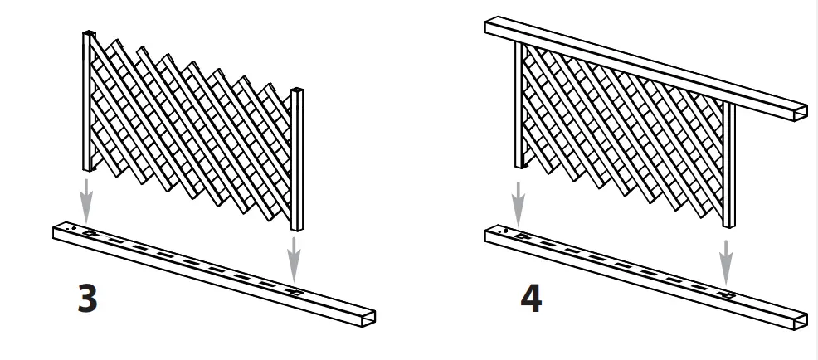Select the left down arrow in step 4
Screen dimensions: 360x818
tap(519, 197)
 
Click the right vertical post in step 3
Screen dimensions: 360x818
tap(297, 158)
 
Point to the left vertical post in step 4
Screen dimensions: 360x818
tap(519, 108)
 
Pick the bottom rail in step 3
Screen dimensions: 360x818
tap(207, 274)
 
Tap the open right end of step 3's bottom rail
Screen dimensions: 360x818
tap(366, 319)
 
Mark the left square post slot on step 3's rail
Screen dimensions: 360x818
tap(89, 234)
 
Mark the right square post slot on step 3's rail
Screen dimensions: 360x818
tap(295, 291)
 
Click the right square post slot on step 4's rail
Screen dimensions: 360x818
tap(727, 293)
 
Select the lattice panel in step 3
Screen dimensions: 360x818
tap(191, 124)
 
